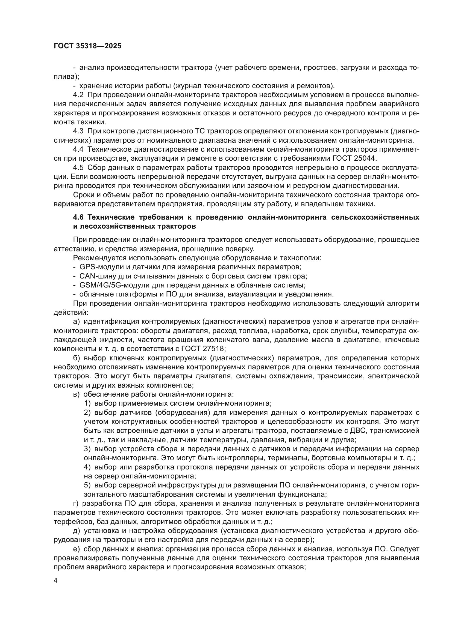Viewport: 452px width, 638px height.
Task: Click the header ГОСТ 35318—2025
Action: click(x=87, y=46)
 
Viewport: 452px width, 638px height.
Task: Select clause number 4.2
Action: click(x=78, y=95)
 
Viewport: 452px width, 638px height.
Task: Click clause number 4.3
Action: click(x=78, y=131)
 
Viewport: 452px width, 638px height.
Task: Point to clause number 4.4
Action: click(x=78, y=149)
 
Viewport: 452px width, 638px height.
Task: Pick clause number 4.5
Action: click(x=78, y=168)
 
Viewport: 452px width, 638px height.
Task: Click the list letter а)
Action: click(x=77, y=322)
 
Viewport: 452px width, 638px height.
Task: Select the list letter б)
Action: click(x=77, y=358)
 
